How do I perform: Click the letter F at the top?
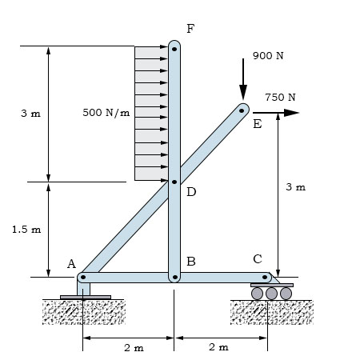(x=190, y=29)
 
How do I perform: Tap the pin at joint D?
(x=174, y=182)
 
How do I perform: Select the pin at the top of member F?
(x=174, y=49)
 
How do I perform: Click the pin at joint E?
(x=242, y=110)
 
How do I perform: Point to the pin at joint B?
(x=175, y=277)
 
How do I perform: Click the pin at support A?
(x=83, y=277)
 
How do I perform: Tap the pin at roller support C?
(x=265, y=277)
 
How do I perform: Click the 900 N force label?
(x=268, y=56)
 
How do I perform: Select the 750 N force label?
(x=280, y=98)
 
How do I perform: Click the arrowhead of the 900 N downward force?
(x=243, y=93)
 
